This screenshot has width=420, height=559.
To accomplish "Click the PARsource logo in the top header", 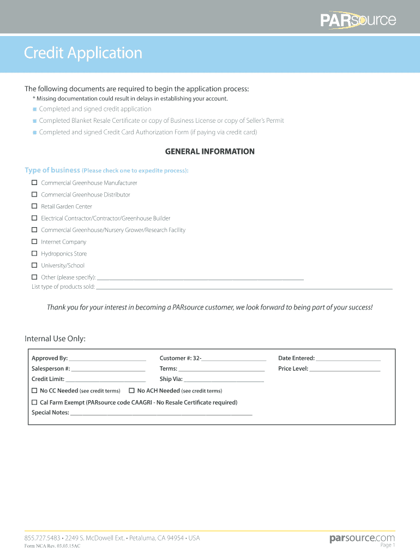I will click(358, 20).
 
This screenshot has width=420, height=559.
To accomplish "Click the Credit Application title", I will click(83, 53).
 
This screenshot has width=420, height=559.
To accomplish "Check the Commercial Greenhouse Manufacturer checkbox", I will click(34, 183).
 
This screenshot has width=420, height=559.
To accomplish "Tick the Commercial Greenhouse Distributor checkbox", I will click(34, 194).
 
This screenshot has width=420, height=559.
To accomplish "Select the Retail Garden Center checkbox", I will click(34, 206).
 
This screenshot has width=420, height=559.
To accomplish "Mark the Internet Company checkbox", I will click(34, 242).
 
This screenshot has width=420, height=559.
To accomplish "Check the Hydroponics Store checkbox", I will click(34, 254).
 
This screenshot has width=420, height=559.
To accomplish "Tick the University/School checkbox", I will click(34, 265).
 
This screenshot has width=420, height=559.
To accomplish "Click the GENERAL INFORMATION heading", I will click(210, 152).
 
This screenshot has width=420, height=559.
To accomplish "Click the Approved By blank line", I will click(107, 359).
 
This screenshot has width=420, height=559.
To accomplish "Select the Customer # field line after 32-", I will click(234, 359).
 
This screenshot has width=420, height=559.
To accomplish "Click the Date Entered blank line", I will click(348, 359).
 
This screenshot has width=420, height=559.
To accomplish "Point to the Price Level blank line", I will click(345, 370).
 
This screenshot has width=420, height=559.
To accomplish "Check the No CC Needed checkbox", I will click(34, 391).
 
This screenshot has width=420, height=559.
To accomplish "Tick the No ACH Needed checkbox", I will click(131, 391).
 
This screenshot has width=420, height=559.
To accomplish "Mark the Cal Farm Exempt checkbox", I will click(34, 402).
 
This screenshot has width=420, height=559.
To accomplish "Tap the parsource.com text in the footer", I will click(362, 539).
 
